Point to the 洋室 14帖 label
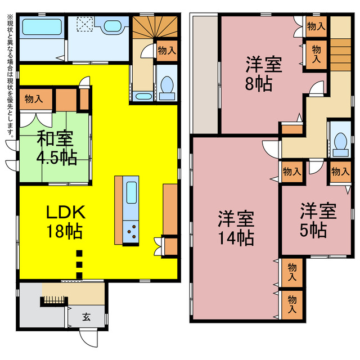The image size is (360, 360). (x=235, y=228)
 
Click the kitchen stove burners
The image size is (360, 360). (x=132, y=232)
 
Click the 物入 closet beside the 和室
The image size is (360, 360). (x=33, y=99)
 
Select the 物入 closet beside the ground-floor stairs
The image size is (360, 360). (x=167, y=50)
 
